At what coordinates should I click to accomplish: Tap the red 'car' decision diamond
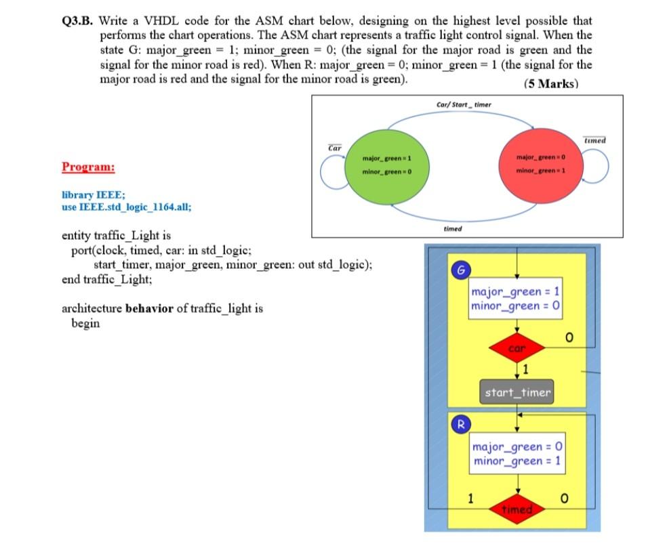coord(517,349)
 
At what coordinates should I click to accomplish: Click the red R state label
coord(460,425)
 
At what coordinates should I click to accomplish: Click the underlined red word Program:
coord(88,167)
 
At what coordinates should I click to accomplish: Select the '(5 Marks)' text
coord(550,84)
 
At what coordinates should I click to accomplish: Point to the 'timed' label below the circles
coord(452,228)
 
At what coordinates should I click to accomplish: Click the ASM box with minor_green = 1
coord(517,454)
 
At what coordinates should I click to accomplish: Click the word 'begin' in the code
coord(85,323)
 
